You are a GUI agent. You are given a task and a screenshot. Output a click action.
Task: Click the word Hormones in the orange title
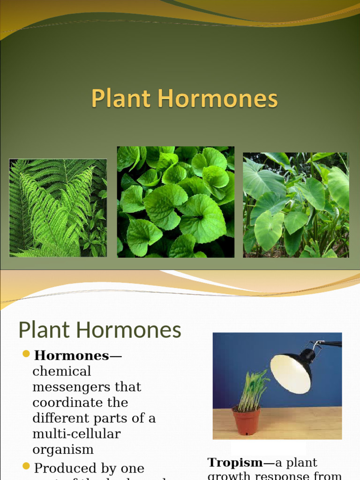pos(217,99)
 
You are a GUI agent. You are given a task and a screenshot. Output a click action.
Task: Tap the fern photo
pos(58,208)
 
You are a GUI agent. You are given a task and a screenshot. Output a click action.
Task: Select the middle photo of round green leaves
pos(175,202)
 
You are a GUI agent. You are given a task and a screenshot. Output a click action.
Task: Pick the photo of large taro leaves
pos(296,205)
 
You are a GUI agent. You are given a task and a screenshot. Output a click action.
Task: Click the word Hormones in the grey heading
pos(128,330)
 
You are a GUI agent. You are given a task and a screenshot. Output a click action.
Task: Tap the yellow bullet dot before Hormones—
pos(26,353)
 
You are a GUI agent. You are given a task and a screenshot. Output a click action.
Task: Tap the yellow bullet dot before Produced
pos(26,466)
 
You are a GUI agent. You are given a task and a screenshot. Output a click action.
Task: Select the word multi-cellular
pos(76,434)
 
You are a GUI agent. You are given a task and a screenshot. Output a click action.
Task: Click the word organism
pos(63,450)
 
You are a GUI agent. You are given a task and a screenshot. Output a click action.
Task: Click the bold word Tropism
pos(235,463)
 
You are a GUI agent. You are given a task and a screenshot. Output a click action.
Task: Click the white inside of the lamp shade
pos(290,374)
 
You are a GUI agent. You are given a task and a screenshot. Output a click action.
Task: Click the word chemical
pos(61,371)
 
